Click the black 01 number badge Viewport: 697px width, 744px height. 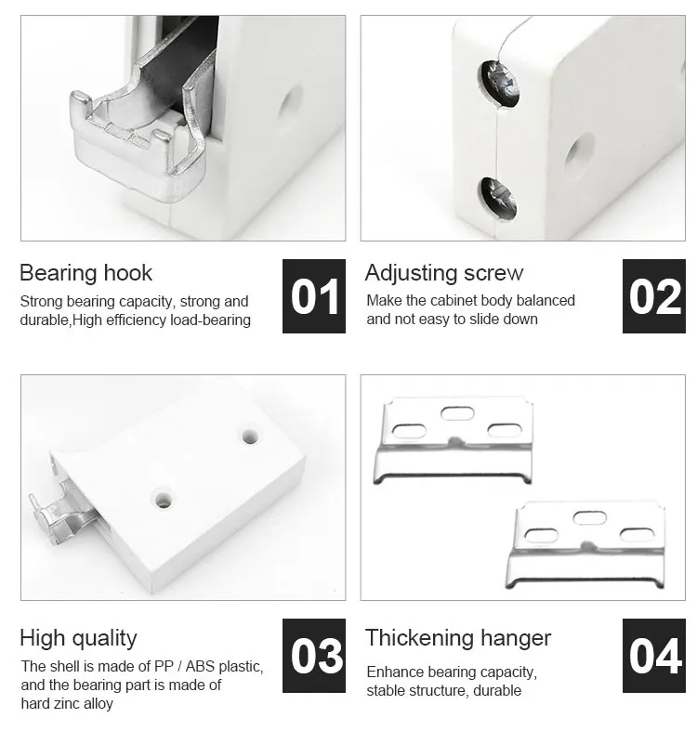point(314,296)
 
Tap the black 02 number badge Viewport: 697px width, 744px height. point(654,296)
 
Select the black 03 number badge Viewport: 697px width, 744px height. point(314,656)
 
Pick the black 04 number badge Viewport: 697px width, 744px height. point(654,656)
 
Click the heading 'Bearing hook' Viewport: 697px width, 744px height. point(85,273)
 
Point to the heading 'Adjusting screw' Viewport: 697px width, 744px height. point(444,273)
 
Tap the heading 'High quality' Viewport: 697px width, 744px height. point(78,638)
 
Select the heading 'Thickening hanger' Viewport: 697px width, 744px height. point(458,638)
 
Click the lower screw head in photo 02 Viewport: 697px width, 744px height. point(498,197)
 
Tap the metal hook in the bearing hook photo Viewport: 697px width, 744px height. point(139,130)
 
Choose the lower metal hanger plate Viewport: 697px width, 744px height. point(585,543)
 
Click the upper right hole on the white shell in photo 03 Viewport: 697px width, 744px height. point(249,435)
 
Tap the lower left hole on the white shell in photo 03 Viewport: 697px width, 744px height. point(164,500)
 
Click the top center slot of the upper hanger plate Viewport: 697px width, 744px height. point(457,412)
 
